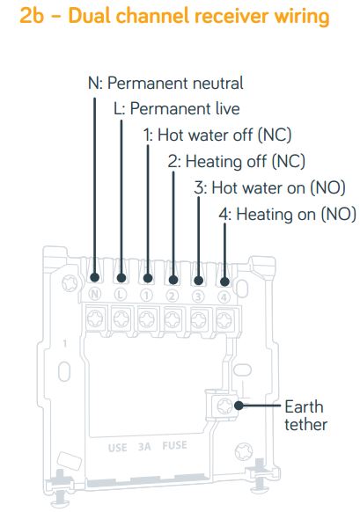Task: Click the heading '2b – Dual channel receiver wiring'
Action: (174, 16)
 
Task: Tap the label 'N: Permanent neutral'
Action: (165, 84)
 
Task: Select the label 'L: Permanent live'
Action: (177, 109)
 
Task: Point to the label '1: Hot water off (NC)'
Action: (217, 135)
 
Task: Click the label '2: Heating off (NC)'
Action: (237, 161)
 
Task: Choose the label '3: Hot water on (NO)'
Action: (270, 188)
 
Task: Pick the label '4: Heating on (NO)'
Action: (288, 215)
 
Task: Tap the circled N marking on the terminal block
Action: (95, 295)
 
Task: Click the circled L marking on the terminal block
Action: (121, 295)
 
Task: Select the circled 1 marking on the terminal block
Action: (146, 296)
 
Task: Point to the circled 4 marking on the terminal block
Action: (224, 297)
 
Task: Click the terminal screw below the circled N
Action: (95, 318)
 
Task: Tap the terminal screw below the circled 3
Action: (198, 319)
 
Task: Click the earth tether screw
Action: (225, 406)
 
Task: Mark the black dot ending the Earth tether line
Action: (239, 406)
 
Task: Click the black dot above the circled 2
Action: (173, 280)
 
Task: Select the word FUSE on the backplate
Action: (175, 445)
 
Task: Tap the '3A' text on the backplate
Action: (144, 446)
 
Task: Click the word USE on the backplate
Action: (117, 448)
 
